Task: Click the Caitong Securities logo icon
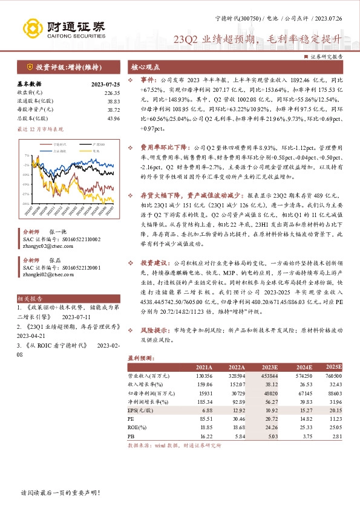34,28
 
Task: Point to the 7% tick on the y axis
27,155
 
